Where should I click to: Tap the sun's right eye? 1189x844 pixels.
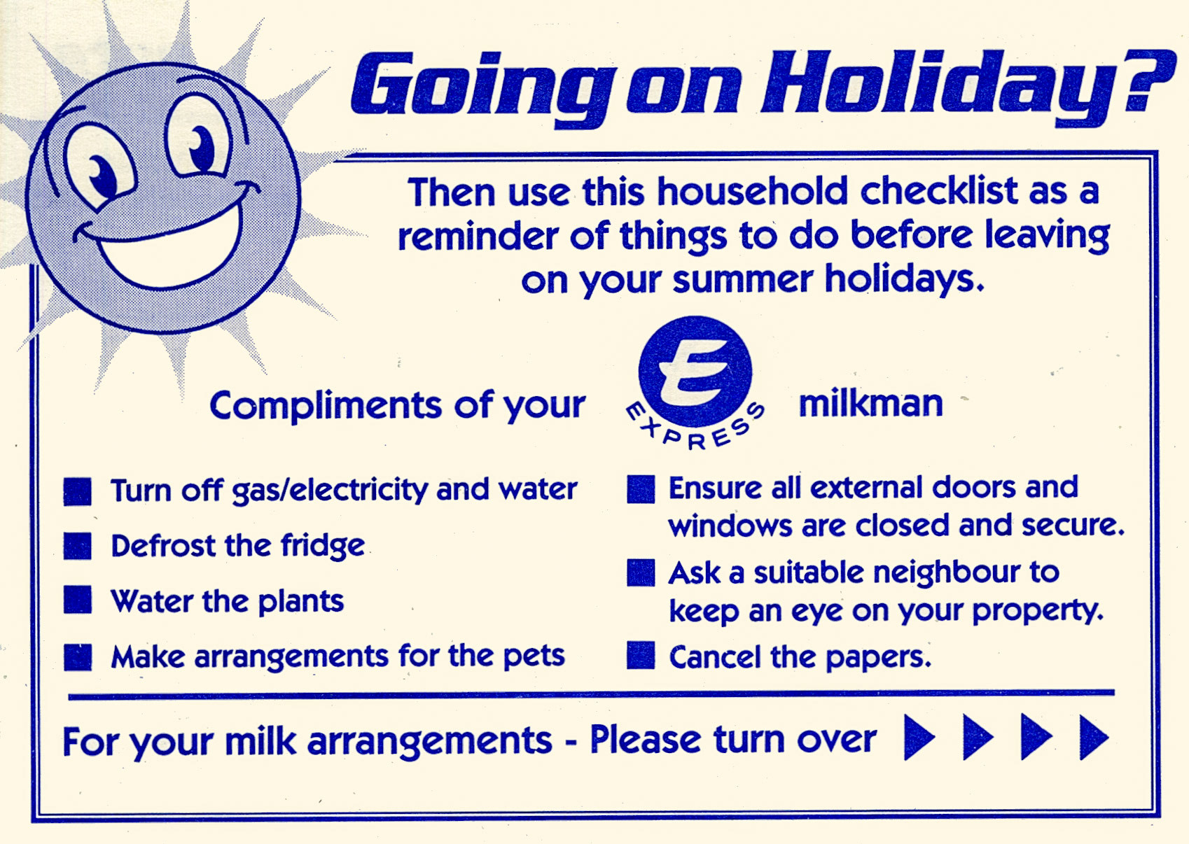[199, 143]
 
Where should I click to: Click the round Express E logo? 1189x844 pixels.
[695, 372]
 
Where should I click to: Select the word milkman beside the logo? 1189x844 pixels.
[870, 404]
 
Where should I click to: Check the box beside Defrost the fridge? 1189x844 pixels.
[78, 546]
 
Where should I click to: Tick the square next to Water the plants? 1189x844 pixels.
[78, 600]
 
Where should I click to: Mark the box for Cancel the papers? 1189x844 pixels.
[641, 656]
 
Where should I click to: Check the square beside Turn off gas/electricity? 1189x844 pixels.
[78, 491]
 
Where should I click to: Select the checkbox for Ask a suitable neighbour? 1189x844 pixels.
[641, 572]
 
